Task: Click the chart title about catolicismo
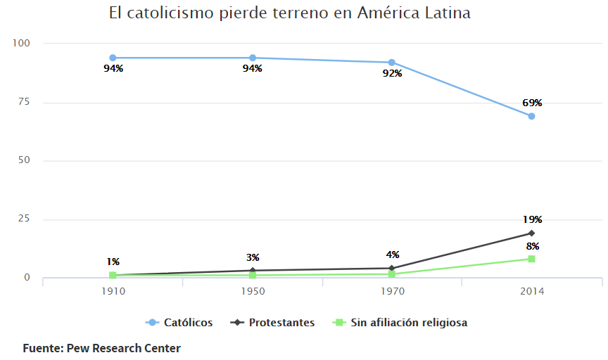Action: pyautogui.click(x=289, y=13)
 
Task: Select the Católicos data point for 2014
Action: pyautogui.click(x=531, y=116)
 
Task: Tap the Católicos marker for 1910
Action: pyautogui.click(x=113, y=58)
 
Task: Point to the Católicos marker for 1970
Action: pyautogui.click(x=392, y=63)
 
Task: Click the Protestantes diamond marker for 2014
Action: pyautogui.click(x=531, y=233)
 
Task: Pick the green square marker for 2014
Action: pyautogui.click(x=531, y=259)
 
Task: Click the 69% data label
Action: pyautogui.click(x=532, y=103)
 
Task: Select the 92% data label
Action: pyautogui.click(x=392, y=74)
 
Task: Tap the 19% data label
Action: pyautogui.click(x=532, y=219)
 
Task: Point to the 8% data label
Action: pyautogui.click(x=533, y=246)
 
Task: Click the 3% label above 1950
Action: pyautogui.click(x=253, y=257)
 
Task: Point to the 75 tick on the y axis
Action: pyautogui.click(x=25, y=102)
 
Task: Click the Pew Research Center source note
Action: pyautogui.click(x=101, y=348)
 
